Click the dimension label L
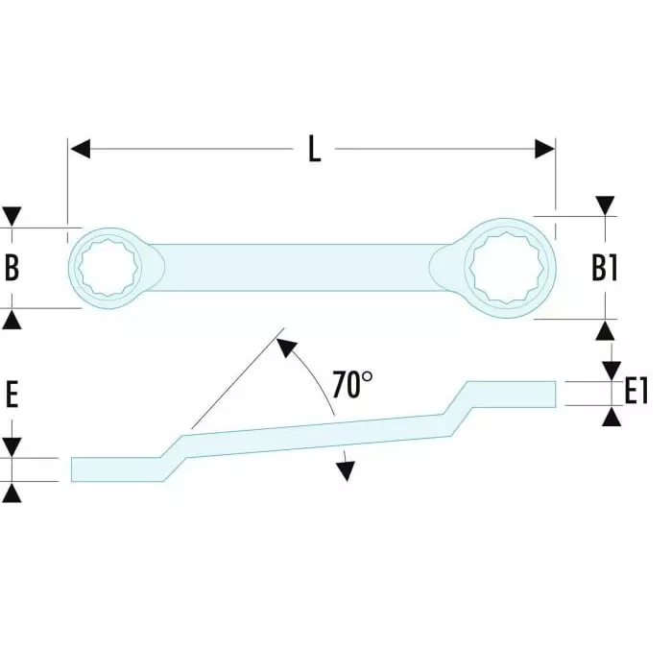tap(314, 150)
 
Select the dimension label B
tap(12, 268)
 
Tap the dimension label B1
tap(604, 269)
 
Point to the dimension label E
tap(12, 395)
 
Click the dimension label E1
tap(637, 391)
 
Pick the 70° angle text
tap(352, 384)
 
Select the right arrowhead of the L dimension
tap(544, 150)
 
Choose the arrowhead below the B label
tap(12, 319)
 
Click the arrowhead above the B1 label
tap(605, 205)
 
